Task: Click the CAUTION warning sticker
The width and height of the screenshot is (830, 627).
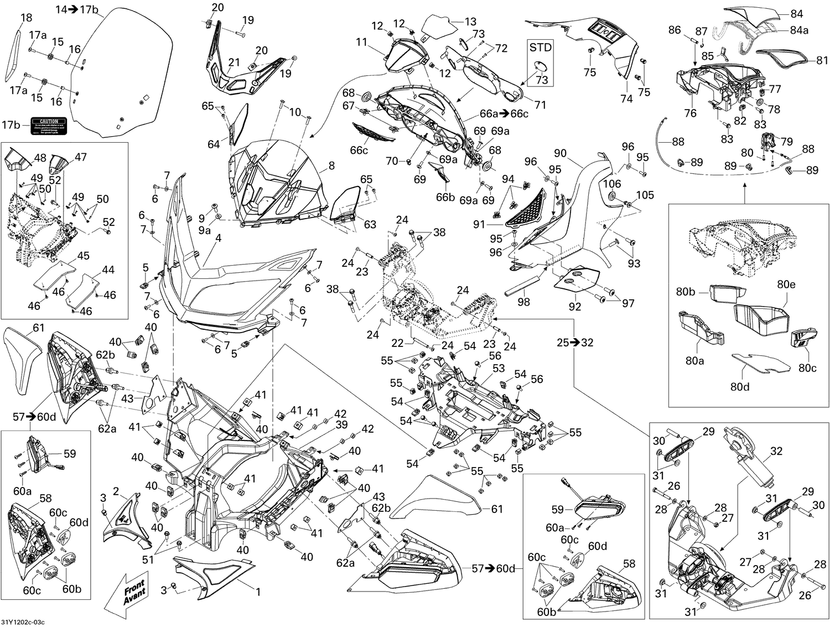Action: click(49, 127)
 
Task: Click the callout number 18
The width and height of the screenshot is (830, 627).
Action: click(26, 18)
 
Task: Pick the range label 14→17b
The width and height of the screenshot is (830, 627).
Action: click(77, 9)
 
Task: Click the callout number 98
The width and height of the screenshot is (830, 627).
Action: click(523, 302)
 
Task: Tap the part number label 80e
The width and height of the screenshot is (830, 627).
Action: click(786, 284)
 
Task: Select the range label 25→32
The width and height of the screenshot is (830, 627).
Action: click(575, 343)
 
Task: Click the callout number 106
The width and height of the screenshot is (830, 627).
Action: click(612, 184)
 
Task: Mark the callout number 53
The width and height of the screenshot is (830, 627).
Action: click(499, 368)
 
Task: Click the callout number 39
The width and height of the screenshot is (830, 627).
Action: click(341, 424)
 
